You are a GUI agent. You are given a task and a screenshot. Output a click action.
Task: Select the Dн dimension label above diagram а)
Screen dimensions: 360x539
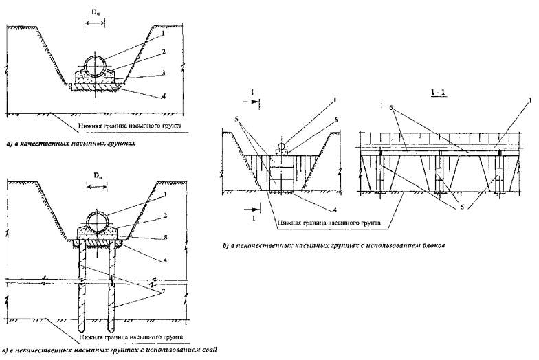point(94,13)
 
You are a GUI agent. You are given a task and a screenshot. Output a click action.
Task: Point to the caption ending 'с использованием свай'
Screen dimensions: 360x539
point(110,350)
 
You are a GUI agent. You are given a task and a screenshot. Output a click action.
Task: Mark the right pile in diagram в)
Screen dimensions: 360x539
point(111,285)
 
